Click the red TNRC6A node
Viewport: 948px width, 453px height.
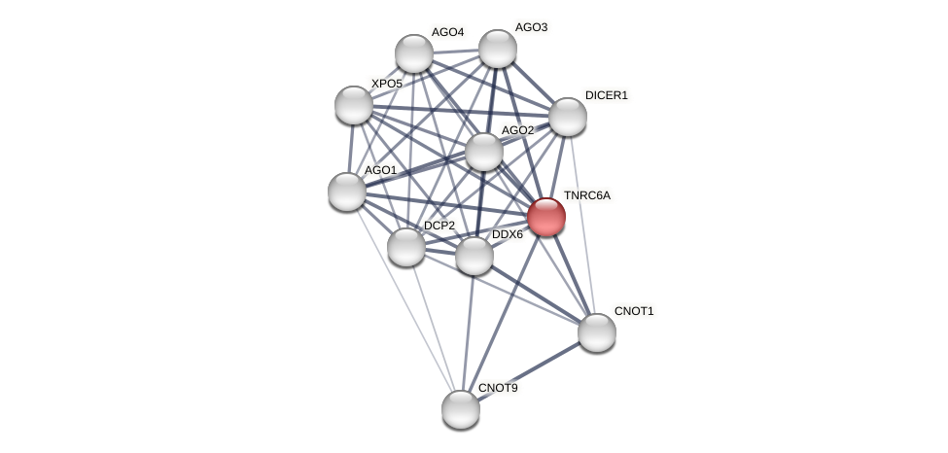point(545,217)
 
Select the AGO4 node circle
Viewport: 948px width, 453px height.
point(413,53)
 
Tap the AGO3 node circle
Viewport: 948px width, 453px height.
point(497,49)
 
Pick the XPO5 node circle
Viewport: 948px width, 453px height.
point(353,105)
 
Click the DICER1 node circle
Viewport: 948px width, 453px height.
point(567,117)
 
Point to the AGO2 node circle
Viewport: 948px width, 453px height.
point(483,152)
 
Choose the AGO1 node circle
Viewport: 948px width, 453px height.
point(346,192)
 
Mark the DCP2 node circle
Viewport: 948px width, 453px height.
point(405,247)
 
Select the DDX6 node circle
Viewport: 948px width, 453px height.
point(474,256)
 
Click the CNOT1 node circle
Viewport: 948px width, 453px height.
point(596,332)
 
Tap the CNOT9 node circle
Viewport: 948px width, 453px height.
point(460,409)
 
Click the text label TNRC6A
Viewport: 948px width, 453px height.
point(587,196)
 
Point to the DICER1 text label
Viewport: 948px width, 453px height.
point(607,95)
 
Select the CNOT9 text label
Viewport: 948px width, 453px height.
point(498,388)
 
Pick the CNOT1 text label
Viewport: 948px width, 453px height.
point(634,311)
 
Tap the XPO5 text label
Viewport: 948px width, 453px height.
point(386,84)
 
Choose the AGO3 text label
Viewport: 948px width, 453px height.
point(531,27)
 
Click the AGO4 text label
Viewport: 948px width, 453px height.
point(447,32)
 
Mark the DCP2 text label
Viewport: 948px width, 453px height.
point(439,226)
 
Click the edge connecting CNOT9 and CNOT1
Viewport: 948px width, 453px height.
point(528,370)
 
